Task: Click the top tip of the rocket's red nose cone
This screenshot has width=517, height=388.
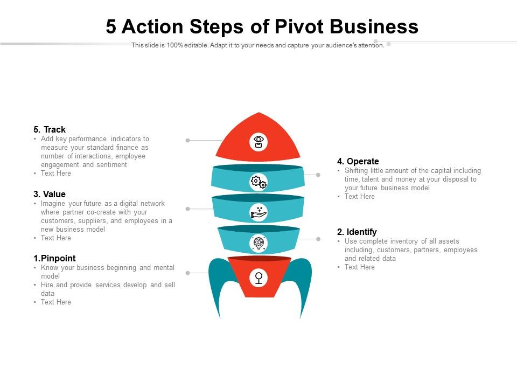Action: [259, 113]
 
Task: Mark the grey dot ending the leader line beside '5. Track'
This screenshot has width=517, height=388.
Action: [187, 140]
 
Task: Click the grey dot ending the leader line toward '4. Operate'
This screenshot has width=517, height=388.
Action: [318, 175]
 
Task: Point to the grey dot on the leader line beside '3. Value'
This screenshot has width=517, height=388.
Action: [187, 209]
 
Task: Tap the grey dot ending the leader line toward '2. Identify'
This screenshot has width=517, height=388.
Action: [318, 239]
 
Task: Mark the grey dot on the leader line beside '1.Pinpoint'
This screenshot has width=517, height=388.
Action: [187, 273]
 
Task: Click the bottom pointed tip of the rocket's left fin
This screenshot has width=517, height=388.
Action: [220, 318]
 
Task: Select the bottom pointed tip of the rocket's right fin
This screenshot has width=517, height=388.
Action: [300, 318]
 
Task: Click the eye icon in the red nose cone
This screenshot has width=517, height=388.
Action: [258, 142]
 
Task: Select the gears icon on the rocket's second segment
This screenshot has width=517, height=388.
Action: [258, 182]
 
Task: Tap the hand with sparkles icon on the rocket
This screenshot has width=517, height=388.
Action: [258, 212]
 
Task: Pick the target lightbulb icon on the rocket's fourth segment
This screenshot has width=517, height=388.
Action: [258, 243]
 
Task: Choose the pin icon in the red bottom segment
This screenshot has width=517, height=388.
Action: [258, 278]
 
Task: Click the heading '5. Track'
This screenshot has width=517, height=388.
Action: [50, 129]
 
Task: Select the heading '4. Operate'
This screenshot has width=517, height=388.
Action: [358, 161]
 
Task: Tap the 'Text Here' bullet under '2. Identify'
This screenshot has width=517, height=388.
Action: [359, 267]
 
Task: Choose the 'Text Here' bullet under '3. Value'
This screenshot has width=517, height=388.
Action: [55, 238]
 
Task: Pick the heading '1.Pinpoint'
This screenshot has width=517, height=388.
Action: [54, 258]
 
